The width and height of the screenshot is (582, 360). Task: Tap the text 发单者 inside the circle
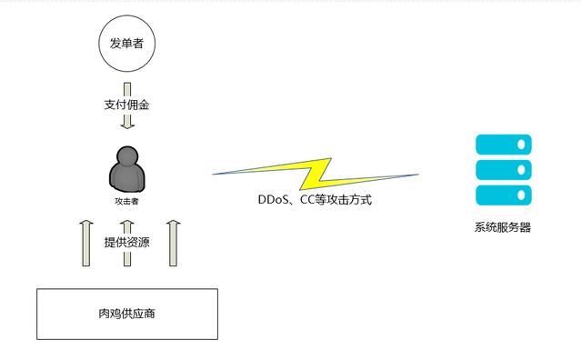[126, 43]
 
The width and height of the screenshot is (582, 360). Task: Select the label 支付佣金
[126, 105]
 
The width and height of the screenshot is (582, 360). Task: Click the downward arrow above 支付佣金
[127, 91]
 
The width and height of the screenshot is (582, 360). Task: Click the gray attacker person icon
[126, 169]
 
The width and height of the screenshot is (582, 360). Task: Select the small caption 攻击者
[126, 201]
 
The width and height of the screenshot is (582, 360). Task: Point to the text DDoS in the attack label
[275, 199]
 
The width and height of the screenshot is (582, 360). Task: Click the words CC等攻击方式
[338, 199]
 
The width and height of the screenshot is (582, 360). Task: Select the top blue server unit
[503, 145]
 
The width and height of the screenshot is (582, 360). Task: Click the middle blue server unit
[503, 169]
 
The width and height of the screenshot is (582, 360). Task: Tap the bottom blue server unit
[503, 194]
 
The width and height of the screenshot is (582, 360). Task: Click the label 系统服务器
[502, 227]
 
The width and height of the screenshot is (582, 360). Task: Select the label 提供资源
[127, 242]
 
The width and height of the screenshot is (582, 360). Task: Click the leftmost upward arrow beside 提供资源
[86, 243]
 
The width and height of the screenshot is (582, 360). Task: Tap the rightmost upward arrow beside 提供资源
[171, 243]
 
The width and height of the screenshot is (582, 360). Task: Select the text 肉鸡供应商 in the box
[126, 314]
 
